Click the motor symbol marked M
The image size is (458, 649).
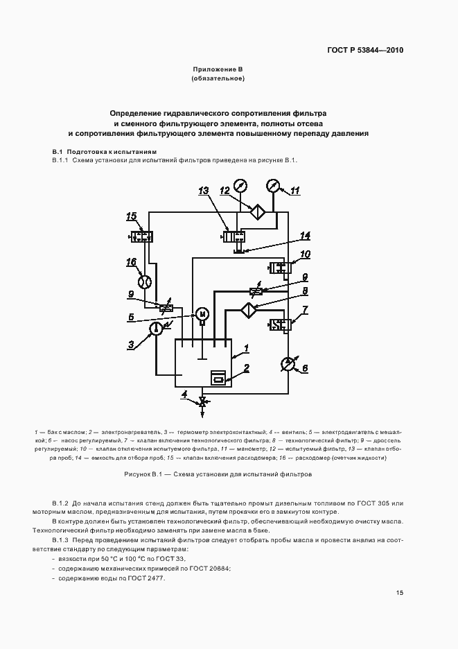(x=203, y=314)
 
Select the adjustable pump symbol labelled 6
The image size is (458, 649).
(x=288, y=364)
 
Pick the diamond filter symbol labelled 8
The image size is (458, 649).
(x=247, y=309)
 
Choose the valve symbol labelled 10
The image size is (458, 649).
(x=281, y=267)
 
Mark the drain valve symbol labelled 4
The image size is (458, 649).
(x=203, y=401)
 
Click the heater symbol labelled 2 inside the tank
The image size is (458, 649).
(x=218, y=378)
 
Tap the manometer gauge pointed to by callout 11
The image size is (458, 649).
(x=273, y=186)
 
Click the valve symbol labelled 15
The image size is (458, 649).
(x=143, y=236)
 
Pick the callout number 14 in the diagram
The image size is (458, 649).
(x=305, y=236)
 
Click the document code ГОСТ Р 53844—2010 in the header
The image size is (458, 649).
(x=364, y=51)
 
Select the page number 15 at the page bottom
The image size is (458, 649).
(x=400, y=592)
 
